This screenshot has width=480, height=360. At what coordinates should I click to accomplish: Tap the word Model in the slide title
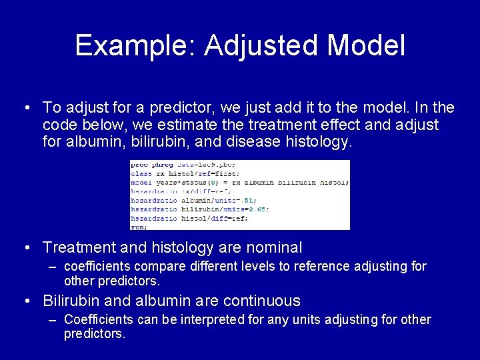[x=367, y=46]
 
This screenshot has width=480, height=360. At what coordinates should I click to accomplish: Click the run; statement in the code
[x=139, y=227]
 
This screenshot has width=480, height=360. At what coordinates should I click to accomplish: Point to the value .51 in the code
[x=247, y=200]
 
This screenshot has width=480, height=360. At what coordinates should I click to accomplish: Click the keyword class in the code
[x=141, y=173]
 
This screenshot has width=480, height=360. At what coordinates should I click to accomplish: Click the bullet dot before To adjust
[x=26, y=107]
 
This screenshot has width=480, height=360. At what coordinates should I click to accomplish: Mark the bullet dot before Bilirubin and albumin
[x=26, y=301]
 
